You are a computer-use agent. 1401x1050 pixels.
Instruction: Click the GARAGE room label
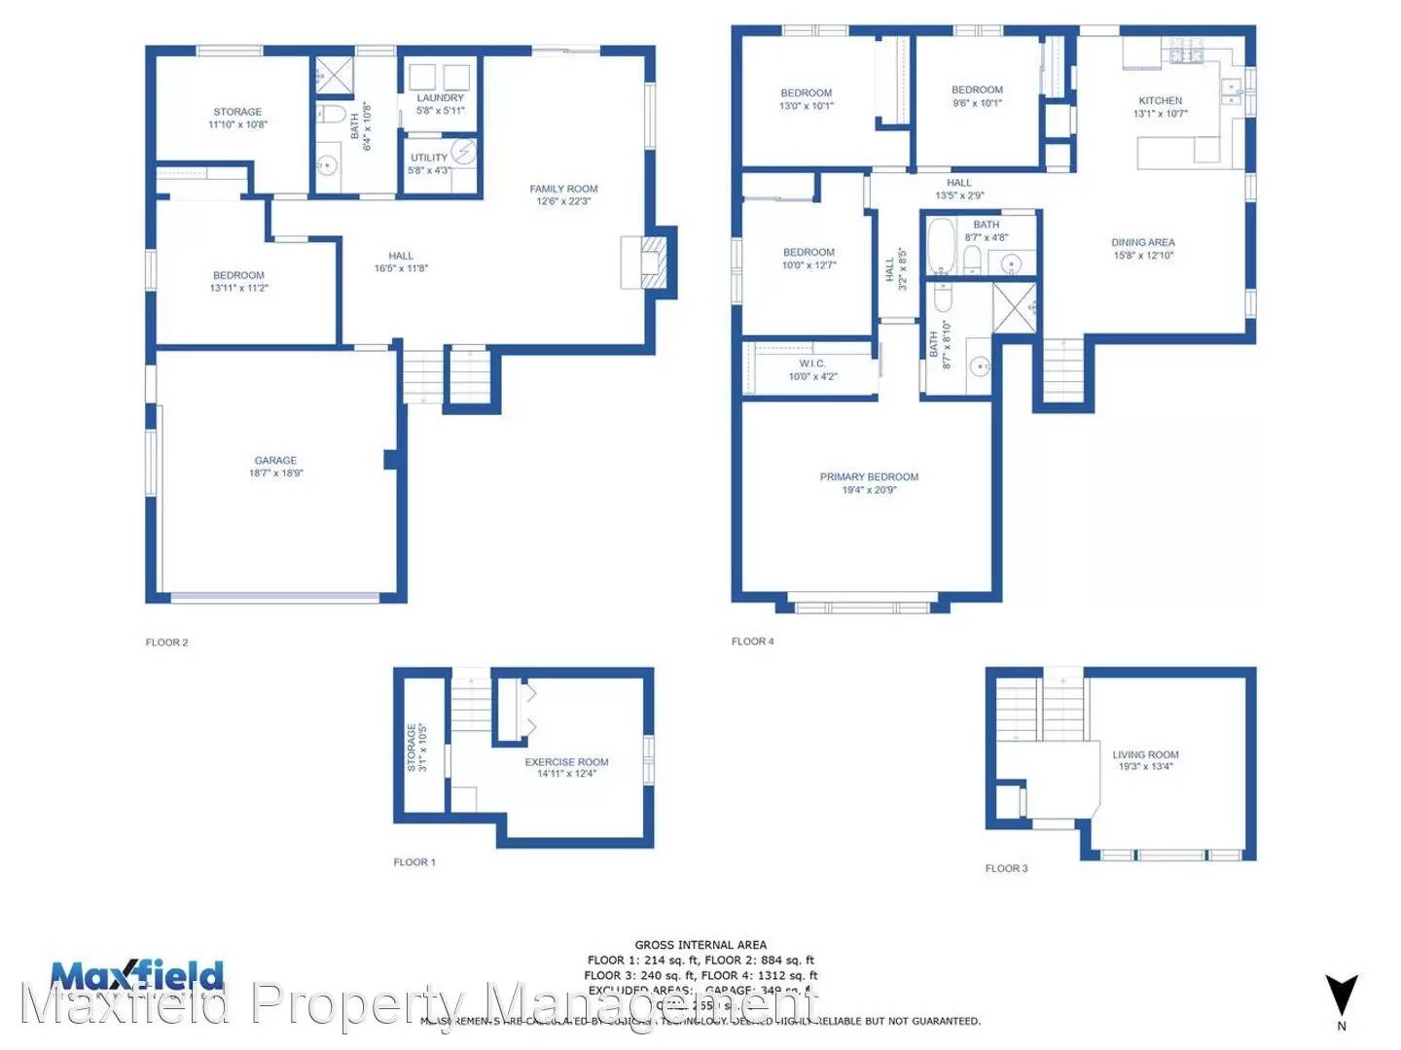pos(275,461)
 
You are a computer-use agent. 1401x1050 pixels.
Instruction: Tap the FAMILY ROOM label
pos(563,189)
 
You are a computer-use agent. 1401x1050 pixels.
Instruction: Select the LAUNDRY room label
pos(440,98)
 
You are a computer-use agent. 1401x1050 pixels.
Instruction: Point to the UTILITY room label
pos(428,157)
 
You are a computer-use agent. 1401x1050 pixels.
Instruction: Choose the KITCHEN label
pos(1160,101)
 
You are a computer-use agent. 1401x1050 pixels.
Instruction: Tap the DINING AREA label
pos(1143,243)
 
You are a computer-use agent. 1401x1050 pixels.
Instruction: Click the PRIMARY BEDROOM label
pos(869,477)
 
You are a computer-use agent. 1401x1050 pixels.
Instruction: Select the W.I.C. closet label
pos(812,364)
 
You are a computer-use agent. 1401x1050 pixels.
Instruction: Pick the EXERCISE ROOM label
pos(566,762)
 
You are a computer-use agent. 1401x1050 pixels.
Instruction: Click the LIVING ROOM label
pos(1145,754)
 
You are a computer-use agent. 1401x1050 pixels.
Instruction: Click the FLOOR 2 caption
pos(166,643)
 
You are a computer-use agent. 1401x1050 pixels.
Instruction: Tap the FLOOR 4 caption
pos(753,642)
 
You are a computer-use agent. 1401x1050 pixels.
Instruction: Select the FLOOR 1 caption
pos(414,862)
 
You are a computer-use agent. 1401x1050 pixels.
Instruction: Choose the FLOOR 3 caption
pos(1006,868)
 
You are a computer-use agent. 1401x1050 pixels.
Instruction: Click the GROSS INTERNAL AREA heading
pos(700,945)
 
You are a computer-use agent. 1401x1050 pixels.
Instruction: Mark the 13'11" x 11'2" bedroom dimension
pos(238,289)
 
